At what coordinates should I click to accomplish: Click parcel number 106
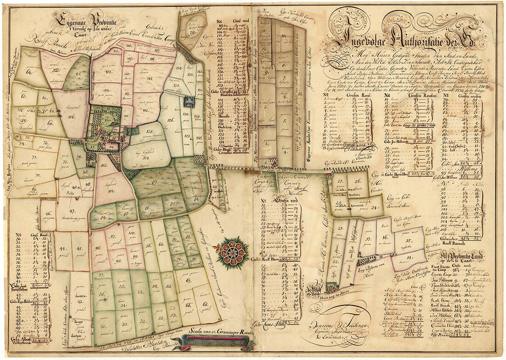(x=72, y=117)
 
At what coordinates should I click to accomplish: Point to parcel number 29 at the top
(x=193, y=33)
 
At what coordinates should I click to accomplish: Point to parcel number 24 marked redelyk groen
(x=375, y=207)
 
